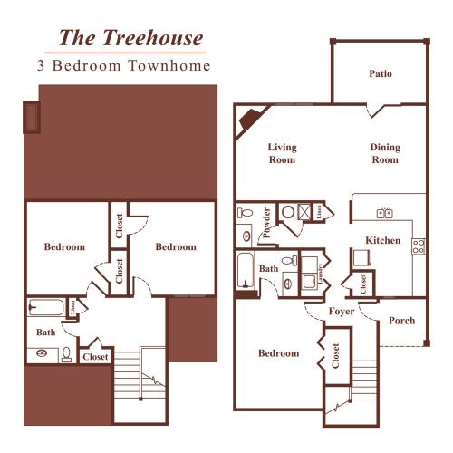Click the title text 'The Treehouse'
[x=130, y=38]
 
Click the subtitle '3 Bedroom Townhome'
[x=123, y=66]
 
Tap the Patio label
[x=381, y=73]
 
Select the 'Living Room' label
[x=282, y=153]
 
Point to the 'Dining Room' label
[x=384, y=153]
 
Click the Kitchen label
[x=382, y=240]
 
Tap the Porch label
[x=401, y=321]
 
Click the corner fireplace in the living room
[x=248, y=121]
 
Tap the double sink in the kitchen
[x=383, y=214]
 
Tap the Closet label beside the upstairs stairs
[x=95, y=357]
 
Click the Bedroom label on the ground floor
[x=278, y=353]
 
